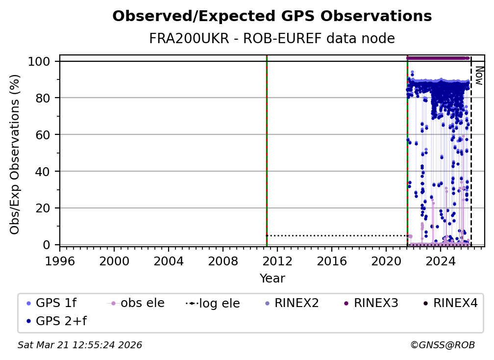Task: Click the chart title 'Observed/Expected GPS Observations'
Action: (x=272, y=17)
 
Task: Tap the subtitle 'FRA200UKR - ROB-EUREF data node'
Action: (x=272, y=39)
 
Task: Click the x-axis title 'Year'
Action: (x=272, y=279)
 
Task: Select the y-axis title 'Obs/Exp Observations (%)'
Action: (x=15, y=154)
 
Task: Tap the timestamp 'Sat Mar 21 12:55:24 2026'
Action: (x=80, y=345)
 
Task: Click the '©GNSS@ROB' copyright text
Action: (x=443, y=345)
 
